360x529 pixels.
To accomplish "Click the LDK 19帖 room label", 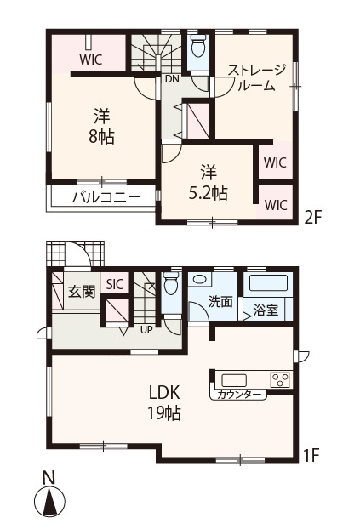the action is click(x=164, y=402).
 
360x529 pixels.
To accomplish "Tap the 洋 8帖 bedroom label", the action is click(x=101, y=127).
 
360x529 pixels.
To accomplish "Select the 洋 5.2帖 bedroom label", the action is click(x=208, y=183).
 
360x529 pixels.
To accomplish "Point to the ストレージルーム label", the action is click(x=257, y=78).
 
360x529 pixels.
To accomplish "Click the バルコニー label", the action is click(x=106, y=197).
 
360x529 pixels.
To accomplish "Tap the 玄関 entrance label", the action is click(x=82, y=292).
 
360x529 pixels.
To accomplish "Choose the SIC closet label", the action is click(x=115, y=284).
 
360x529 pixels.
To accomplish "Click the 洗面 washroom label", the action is click(x=220, y=301).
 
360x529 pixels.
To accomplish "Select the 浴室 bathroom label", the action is click(x=266, y=310).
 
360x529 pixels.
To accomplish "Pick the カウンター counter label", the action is click(x=239, y=395).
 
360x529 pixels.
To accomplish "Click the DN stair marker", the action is click(x=172, y=79).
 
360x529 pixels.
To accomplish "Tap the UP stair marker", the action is click(x=146, y=330).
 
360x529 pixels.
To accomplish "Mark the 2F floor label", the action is click(x=311, y=218).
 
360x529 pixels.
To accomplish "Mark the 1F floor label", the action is click(x=311, y=456).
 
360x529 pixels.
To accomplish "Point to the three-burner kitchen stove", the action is click(x=280, y=380).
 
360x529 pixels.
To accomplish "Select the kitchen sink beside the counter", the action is click(x=234, y=380).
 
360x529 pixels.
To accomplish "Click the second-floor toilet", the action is click(x=198, y=47).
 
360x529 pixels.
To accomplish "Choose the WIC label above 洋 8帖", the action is click(x=91, y=60).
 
